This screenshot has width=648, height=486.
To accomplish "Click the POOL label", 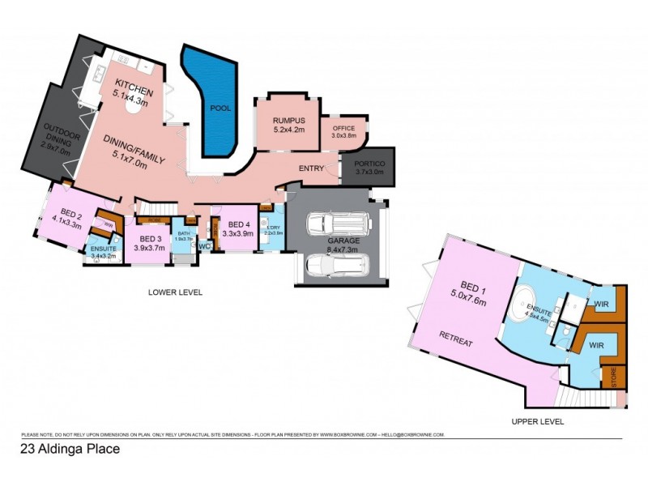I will click(220, 108).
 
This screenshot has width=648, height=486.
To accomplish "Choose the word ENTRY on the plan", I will click(311, 168).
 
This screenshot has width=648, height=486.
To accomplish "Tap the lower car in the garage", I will click(336, 263).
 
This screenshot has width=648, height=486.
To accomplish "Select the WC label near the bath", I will click(204, 245).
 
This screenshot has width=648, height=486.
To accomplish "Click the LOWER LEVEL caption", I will click(174, 292).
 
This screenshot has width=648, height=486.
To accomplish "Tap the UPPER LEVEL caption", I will click(537, 421).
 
